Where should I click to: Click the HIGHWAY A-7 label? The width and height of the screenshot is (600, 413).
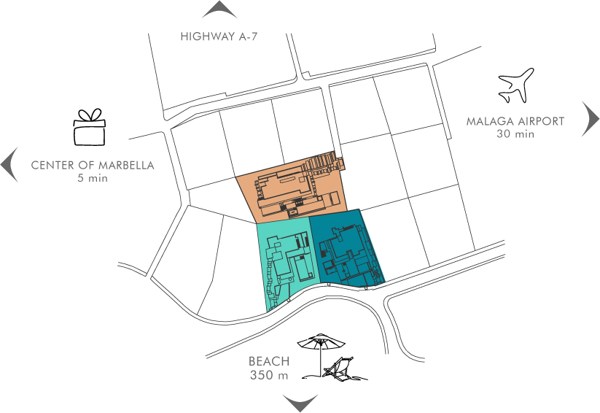pyautogui.click(x=219, y=36)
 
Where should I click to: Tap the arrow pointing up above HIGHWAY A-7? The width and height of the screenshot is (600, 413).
pyautogui.click(x=219, y=10)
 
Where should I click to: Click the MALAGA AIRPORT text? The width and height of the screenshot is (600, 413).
pyautogui.click(x=515, y=121)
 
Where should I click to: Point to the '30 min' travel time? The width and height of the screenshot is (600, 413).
pyautogui.click(x=515, y=134)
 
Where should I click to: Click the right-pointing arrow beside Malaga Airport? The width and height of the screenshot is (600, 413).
pyautogui.click(x=591, y=119)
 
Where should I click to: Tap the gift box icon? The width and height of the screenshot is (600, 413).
pyautogui.click(x=89, y=128)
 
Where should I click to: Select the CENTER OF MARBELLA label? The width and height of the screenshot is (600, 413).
pyautogui.click(x=93, y=165)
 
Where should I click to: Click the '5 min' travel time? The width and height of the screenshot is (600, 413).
pyautogui.click(x=93, y=177)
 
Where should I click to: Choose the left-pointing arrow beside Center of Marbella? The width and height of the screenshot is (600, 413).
pyautogui.click(x=9, y=163)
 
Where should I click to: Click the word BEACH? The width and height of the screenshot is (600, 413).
pyautogui.click(x=269, y=361)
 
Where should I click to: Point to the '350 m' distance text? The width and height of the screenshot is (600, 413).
pyautogui.click(x=269, y=375)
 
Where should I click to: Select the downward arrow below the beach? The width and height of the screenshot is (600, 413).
pyautogui.click(x=300, y=402)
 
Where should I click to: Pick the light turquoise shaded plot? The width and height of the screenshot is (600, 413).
pyautogui.click(x=284, y=263)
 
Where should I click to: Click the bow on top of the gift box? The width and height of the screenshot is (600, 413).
pyautogui.click(x=89, y=115)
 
